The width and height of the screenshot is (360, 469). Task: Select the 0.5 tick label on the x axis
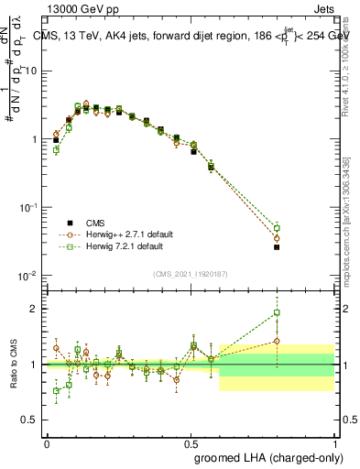point(191,443)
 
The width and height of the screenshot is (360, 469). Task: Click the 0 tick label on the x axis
point(47,443)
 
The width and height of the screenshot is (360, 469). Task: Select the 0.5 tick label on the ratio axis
point(31,420)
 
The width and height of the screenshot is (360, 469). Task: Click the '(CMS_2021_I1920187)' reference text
point(191,273)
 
